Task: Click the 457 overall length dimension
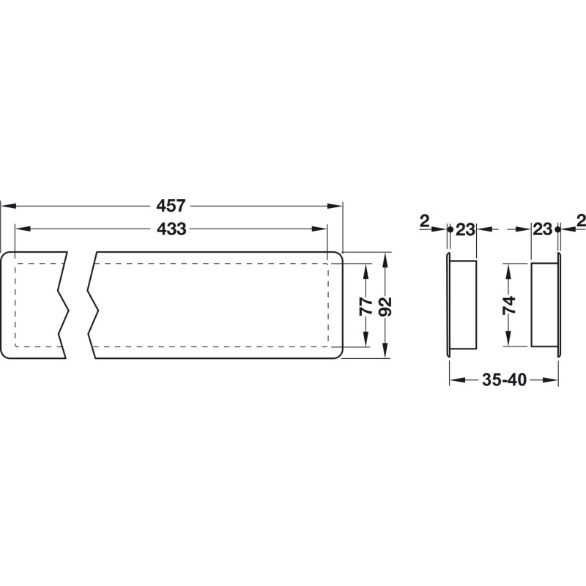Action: click(x=171, y=206)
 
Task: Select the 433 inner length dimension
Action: click(x=171, y=229)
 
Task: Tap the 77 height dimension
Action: click(x=366, y=305)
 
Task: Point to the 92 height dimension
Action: click(x=385, y=306)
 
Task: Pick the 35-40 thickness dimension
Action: click(x=504, y=379)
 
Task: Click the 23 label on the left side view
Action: click(x=465, y=229)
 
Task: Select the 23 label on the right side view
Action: click(x=542, y=229)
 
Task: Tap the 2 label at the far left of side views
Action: click(x=425, y=221)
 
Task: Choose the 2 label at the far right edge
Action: click(x=581, y=220)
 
